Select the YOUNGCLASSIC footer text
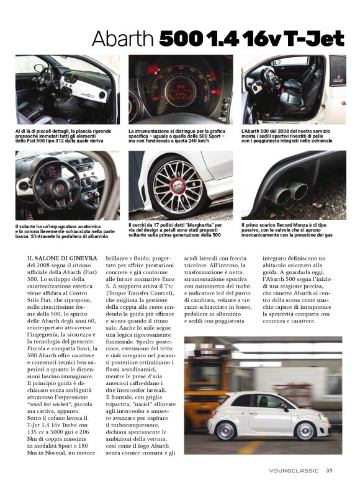coord(294,471)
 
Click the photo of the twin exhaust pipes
coord(294,184)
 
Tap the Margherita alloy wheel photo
coord(181,184)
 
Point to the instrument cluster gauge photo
coord(181,89)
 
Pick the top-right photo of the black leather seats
coord(294,89)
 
